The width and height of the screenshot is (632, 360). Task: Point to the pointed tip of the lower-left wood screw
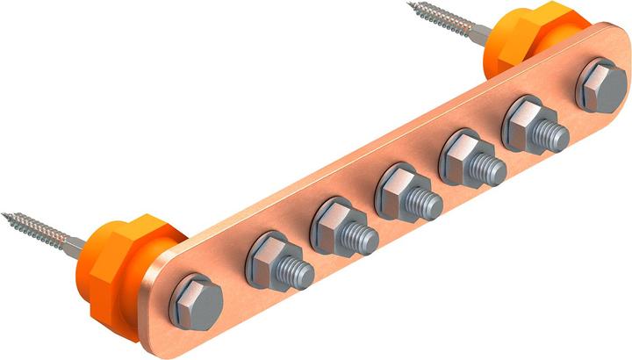4,213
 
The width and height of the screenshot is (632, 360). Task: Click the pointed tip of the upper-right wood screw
410,5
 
